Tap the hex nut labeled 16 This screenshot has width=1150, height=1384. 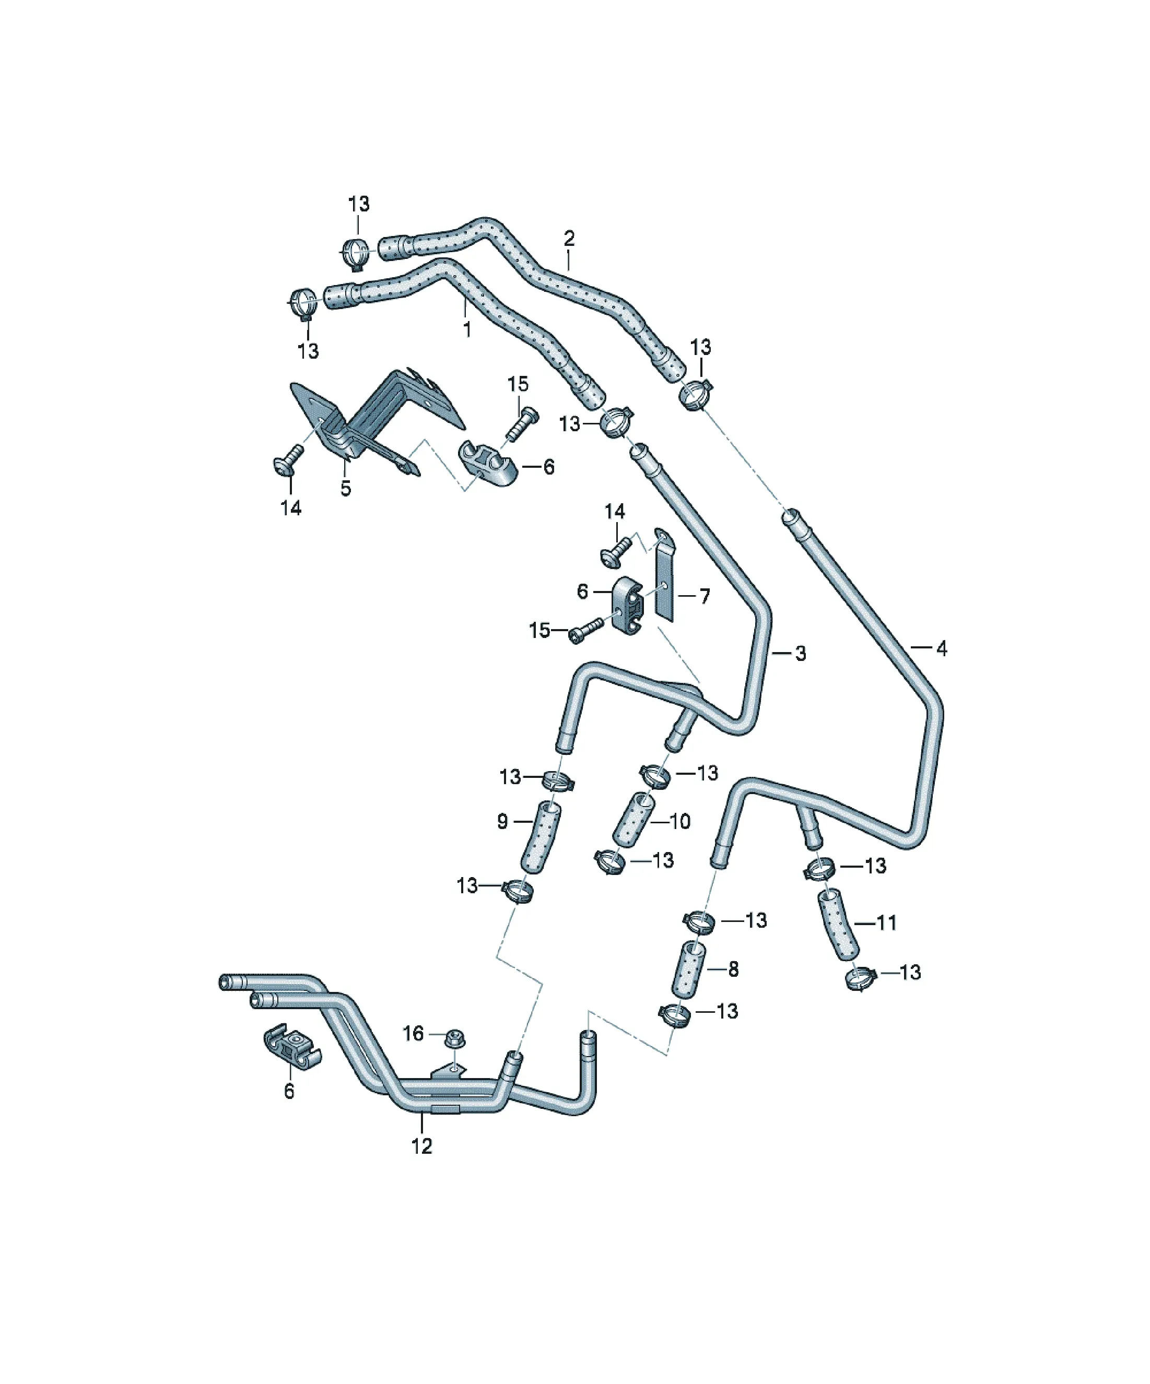click(x=454, y=1038)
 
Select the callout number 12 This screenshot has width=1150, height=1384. click(x=421, y=1145)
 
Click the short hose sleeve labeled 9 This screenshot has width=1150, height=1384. click(x=539, y=837)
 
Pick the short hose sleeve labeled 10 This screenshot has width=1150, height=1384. click(x=633, y=819)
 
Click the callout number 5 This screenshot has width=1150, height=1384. click(x=346, y=488)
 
